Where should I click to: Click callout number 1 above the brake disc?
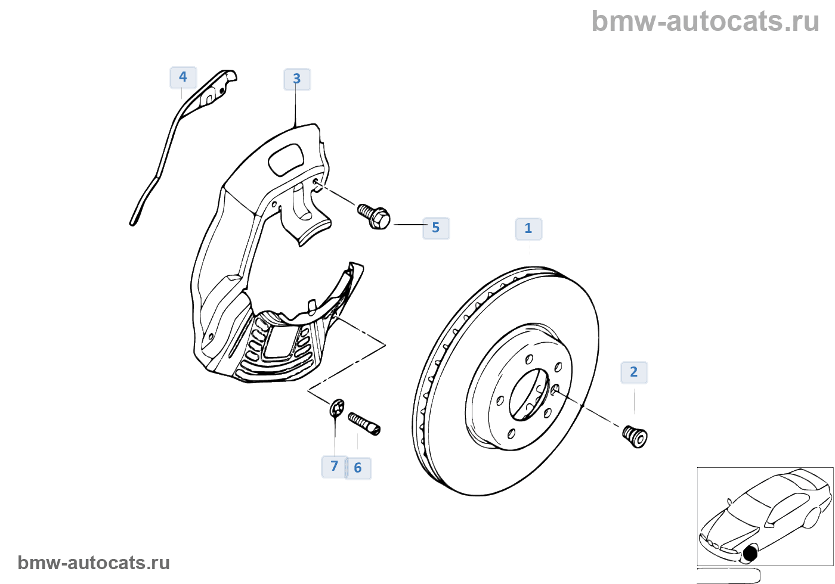coord(528,229)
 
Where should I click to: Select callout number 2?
coord(634,372)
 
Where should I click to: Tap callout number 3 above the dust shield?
coord(297,79)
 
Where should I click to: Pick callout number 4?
coord(183,77)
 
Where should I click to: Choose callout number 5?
coord(436,228)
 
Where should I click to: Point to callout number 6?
coord(358,468)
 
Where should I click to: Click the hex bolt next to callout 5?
coord(374,216)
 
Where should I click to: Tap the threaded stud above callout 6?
coord(364,424)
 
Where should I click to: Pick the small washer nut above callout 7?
coord(337,408)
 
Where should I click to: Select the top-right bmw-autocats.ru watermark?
coord(705,21)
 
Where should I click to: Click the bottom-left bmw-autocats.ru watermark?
coord(94,563)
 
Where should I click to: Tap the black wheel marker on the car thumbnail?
coord(750,553)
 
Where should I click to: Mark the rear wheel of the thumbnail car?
coord(812,517)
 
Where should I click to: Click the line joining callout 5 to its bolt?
coord(409,225)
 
